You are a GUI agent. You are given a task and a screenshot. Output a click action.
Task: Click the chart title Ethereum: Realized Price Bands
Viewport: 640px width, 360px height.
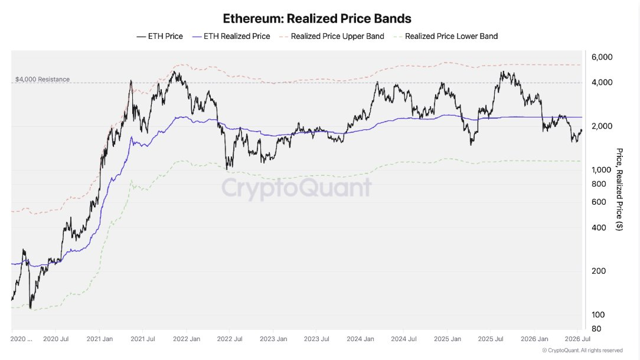pos(316,18)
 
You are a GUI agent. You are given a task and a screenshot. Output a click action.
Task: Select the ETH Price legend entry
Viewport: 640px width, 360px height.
pos(159,37)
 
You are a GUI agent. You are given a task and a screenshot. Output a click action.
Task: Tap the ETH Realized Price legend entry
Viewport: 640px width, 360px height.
pos(231,37)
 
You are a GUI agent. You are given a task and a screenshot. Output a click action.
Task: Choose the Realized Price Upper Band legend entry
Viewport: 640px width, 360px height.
pos(332,37)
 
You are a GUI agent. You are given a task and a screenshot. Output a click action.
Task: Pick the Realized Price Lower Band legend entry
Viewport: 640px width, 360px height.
pos(446,37)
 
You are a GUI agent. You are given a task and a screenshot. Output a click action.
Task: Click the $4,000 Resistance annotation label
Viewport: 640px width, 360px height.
pos(43,79)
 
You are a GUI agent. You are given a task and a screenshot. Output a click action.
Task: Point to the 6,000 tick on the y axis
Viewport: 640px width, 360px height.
pos(602,57)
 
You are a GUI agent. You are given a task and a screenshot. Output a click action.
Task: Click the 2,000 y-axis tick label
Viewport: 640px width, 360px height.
pos(602,126)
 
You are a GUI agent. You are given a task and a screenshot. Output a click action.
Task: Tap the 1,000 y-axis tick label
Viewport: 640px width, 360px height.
pos(602,170)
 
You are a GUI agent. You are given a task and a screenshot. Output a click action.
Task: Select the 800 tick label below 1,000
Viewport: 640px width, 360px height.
pos(599,184)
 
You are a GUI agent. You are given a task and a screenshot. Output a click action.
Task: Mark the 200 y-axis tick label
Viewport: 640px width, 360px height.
pos(599,271)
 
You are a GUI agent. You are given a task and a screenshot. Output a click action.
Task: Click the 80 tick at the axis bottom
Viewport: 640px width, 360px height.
pos(596,329)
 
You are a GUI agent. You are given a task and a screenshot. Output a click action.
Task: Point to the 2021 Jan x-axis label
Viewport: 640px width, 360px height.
pos(100,339)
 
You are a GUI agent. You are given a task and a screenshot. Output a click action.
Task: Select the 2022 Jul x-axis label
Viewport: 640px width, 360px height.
pos(230,339)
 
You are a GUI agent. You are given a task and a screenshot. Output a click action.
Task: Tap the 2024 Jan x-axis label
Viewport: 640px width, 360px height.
pos(360,339)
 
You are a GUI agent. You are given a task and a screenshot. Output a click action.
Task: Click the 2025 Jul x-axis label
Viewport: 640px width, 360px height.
pos(491,339)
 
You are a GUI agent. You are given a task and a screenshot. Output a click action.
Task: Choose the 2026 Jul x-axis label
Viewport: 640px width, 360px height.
pos(577,339)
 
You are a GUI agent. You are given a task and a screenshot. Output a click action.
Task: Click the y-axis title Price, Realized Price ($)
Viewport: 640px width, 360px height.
pos(619,189)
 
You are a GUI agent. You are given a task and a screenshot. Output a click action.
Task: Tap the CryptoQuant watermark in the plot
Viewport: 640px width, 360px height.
pos(297,188)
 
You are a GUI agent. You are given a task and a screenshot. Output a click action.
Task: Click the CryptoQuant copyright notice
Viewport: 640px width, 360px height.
pos(583,350)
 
